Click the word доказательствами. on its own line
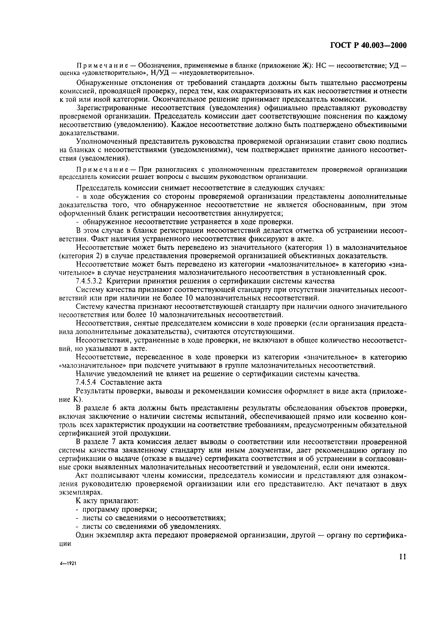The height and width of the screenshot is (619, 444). click(85, 133)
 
